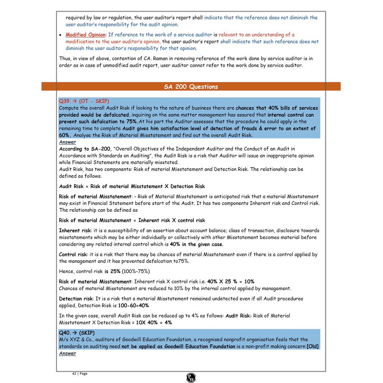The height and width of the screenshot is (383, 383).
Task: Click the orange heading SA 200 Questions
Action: coord(191,87)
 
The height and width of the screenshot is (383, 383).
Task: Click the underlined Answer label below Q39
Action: coord(67,142)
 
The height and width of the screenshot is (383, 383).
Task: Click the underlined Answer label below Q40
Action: coord(67,353)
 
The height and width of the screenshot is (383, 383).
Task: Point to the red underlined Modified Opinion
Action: coord(86,35)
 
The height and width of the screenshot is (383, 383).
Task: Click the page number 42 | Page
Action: coord(80,374)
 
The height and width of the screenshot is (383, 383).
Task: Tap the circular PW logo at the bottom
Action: coord(191,378)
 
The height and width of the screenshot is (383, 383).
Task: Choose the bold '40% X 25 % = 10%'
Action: coord(231,281)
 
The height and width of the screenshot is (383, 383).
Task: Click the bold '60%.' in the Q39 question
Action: coord(65,135)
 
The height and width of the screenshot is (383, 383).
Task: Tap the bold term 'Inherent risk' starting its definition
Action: coord(75,230)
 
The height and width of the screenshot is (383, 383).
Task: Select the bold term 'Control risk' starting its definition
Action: coord(73,254)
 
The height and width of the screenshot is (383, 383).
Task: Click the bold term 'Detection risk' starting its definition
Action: coord(76,298)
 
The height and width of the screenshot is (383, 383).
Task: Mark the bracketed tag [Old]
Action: coord(313,346)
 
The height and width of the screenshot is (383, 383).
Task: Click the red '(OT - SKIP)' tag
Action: coord(94,101)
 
